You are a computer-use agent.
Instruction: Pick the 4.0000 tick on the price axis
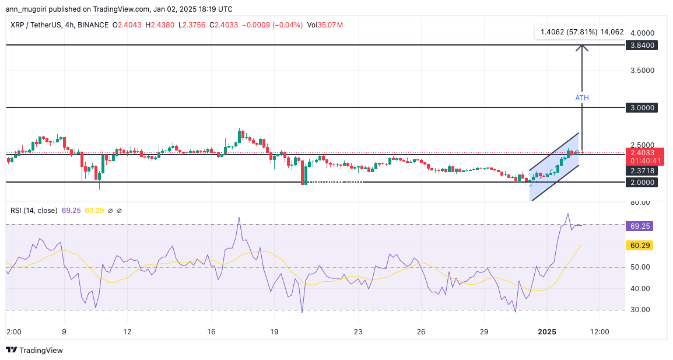(x=641, y=33)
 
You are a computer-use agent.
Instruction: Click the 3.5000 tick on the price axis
(x=641, y=71)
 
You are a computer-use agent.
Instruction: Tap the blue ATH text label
(x=582, y=98)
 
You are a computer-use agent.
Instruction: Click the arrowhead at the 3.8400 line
(x=582, y=48)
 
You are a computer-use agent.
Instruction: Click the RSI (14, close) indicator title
(x=34, y=210)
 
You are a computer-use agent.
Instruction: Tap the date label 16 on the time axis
(x=211, y=331)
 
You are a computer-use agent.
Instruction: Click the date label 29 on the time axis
(x=483, y=331)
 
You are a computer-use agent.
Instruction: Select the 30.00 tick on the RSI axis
(x=640, y=310)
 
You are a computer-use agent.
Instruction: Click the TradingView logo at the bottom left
(x=34, y=350)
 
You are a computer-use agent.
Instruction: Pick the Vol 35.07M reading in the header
(x=325, y=25)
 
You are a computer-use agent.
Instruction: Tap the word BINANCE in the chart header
(x=93, y=25)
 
